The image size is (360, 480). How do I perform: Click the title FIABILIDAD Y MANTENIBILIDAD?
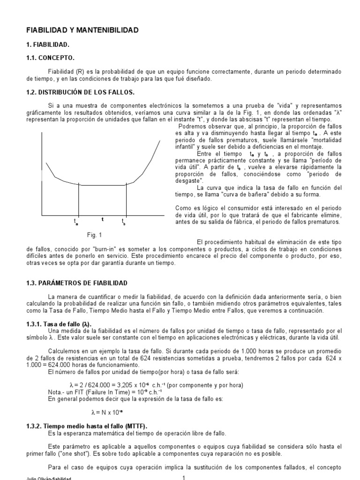82,30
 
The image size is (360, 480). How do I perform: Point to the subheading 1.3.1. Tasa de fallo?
59,324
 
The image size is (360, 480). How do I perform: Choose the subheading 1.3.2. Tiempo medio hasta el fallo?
86,426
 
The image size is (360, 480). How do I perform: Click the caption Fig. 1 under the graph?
94,235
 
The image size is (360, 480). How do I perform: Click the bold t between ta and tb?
102,219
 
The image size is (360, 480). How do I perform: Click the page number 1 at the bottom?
184,477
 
